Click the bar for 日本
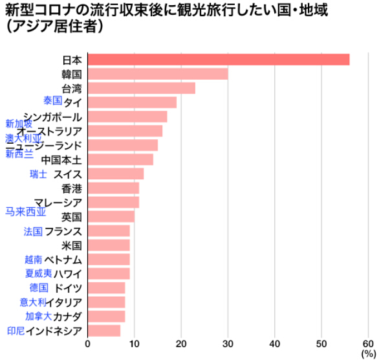point(218,60)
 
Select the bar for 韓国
point(157,74)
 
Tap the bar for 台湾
point(141,88)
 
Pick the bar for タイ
point(132,102)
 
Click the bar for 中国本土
point(120,159)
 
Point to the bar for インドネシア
point(104,331)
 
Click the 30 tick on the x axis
point(228,343)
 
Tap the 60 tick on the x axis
point(368,343)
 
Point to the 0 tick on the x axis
point(88,343)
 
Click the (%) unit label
point(368,354)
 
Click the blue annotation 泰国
point(52,100)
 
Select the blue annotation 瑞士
point(38,174)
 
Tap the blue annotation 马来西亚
point(26,211)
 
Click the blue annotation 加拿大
point(38,316)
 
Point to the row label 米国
point(71,245)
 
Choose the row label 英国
point(71,217)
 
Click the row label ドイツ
point(69,288)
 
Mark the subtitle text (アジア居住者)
point(55,29)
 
